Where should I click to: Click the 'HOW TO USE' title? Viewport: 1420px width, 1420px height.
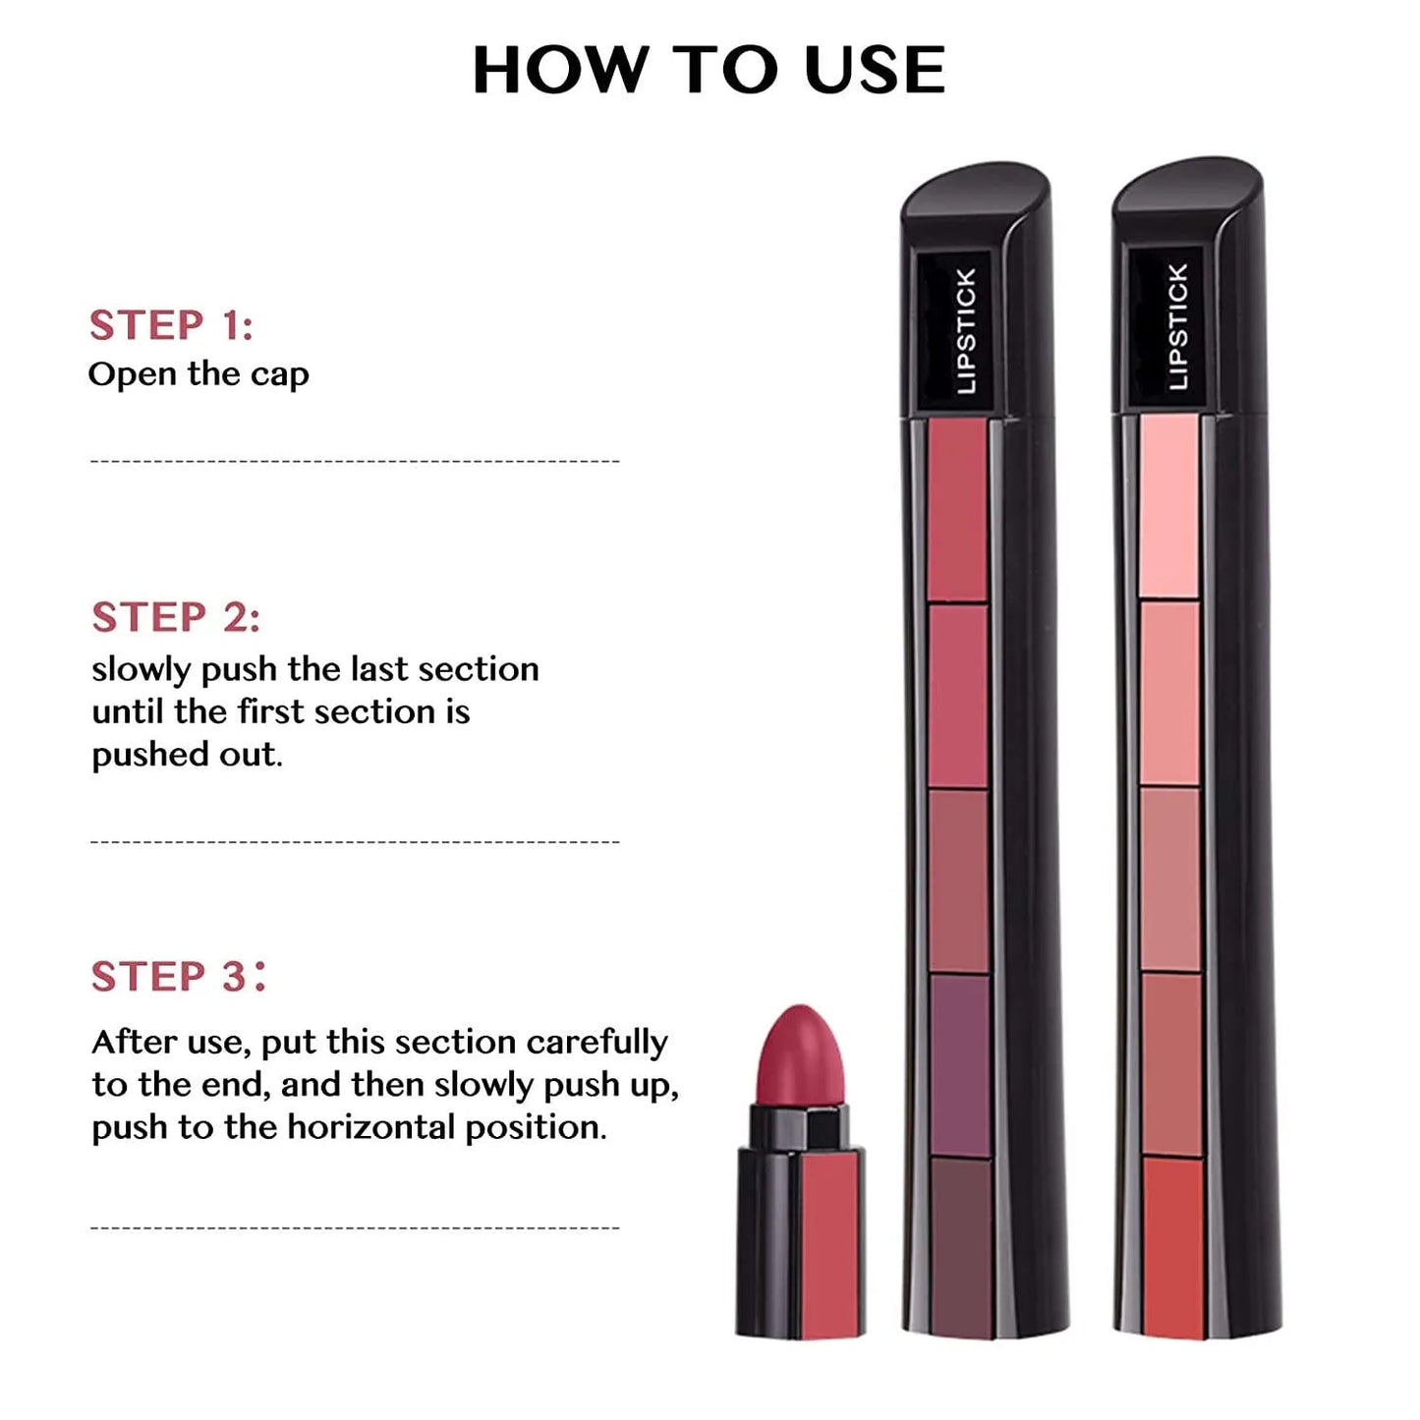click(x=709, y=70)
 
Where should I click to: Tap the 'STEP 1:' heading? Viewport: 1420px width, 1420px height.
click(x=172, y=325)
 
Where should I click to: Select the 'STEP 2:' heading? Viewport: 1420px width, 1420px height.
click(x=176, y=617)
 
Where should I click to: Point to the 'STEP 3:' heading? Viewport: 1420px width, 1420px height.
click(x=178, y=976)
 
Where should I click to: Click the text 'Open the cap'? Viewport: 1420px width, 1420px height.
click(x=199, y=374)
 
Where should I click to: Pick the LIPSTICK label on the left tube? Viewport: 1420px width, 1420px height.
click(x=966, y=331)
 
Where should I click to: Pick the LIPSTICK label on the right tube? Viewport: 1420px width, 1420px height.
click(x=1178, y=326)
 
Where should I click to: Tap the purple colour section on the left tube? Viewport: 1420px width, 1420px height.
click(x=959, y=1065)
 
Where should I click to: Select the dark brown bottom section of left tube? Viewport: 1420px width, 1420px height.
click(x=961, y=1247)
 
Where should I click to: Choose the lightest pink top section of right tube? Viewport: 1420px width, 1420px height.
click(x=1169, y=505)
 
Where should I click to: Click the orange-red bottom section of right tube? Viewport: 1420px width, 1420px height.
click(x=1173, y=1247)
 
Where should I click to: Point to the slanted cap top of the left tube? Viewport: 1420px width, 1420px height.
click(x=977, y=188)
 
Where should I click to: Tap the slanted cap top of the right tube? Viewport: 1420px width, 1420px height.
click(x=1189, y=183)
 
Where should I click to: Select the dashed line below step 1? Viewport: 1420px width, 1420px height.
click(x=355, y=462)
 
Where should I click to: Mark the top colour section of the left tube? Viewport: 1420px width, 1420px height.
click(x=958, y=509)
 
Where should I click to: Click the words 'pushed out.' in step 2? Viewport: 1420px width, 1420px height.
click(x=187, y=755)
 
